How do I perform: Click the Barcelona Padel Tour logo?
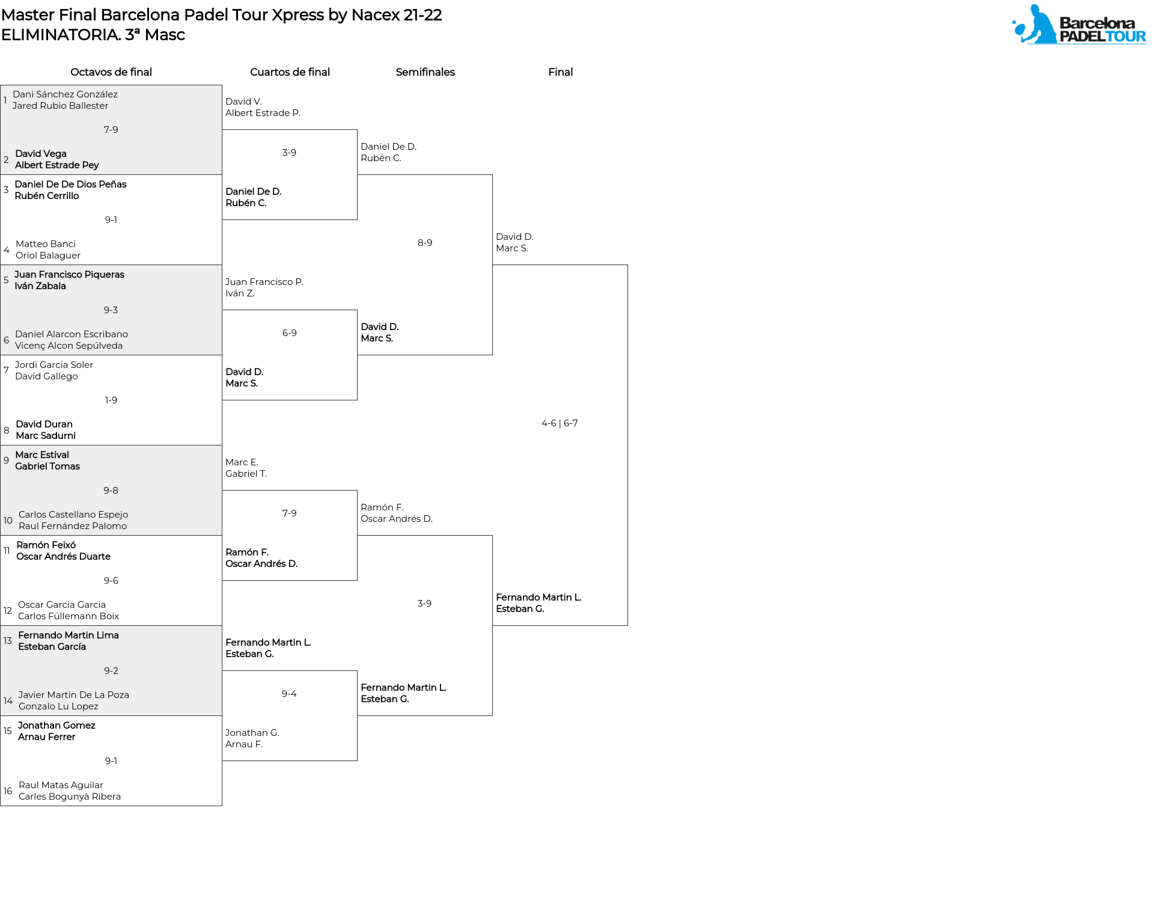pos(1079,24)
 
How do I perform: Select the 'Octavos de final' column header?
pos(111,72)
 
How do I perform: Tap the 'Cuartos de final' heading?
pos(290,72)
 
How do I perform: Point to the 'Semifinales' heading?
pos(425,72)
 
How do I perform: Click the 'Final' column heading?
pos(560,72)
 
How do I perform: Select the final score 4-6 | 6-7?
pos(560,423)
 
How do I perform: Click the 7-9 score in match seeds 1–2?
pos(111,130)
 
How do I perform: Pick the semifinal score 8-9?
pos(425,243)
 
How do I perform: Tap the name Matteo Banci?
pos(46,244)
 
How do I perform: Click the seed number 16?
pos(8,791)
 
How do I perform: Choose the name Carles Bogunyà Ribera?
pos(70,797)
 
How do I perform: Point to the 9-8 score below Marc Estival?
pos(111,491)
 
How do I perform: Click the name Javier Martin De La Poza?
pos(74,695)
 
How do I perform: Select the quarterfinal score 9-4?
pos(289,694)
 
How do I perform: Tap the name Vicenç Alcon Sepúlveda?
pos(69,346)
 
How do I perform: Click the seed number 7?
pos(6,370)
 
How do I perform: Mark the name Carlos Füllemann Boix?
pos(69,616)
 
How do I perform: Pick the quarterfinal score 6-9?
pos(290,333)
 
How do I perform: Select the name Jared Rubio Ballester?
pos(61,106)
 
